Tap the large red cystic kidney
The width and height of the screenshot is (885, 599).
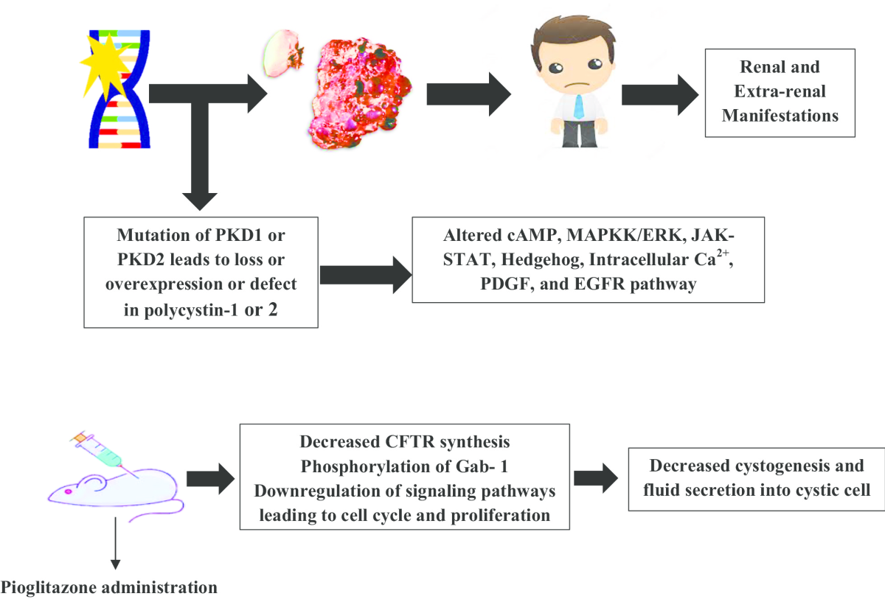coord(360,93)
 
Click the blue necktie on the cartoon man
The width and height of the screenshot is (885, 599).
coord(579,107)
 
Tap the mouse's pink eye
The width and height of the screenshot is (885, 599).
coord(68,491)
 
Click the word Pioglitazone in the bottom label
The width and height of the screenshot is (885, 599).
coord(49,587)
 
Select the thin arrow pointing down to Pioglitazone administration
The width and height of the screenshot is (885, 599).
coord(115,543)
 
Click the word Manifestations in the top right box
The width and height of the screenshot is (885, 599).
coord(780,116)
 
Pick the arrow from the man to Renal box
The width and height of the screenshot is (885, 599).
coord(660,95)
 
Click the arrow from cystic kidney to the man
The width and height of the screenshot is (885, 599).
coord(469,94)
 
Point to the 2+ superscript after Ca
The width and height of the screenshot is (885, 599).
coord(723,253)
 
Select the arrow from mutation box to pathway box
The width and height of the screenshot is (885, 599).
coord(366,275)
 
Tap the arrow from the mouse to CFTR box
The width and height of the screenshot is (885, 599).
coord(211,479)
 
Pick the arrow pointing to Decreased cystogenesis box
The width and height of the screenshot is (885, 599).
coord(596,478)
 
